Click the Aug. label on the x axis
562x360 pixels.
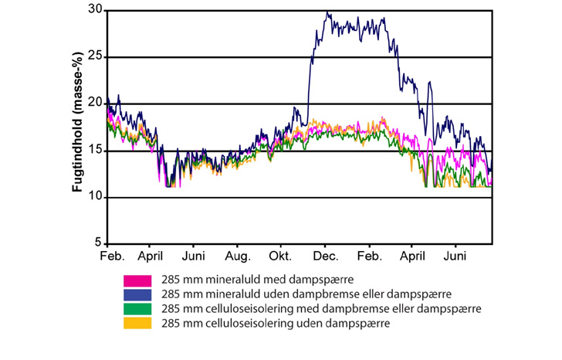239,256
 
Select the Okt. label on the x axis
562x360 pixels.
282,256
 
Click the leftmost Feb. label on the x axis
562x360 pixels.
113,256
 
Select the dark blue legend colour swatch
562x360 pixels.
136,294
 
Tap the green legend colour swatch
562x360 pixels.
136,309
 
